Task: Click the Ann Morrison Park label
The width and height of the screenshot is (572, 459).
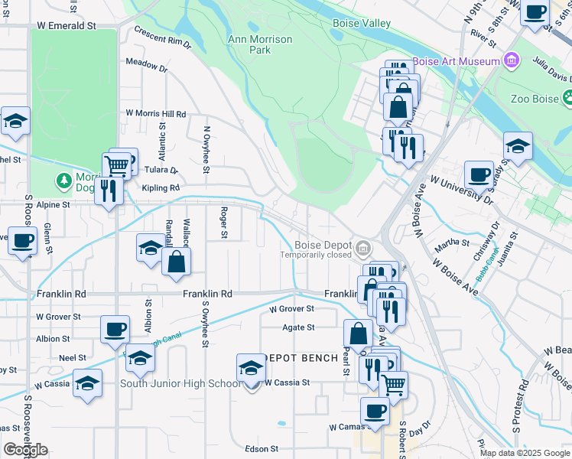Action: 249,44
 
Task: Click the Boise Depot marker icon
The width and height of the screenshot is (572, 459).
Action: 363,248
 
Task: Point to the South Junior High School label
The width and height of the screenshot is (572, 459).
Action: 180,383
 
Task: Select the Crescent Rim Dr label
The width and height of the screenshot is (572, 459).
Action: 161,36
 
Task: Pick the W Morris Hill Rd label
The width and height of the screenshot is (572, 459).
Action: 156,113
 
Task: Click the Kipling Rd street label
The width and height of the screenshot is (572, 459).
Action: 160,187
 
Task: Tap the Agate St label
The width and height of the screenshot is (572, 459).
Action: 300,327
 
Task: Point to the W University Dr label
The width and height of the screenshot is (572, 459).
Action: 461,190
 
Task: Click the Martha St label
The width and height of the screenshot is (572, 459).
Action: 451,243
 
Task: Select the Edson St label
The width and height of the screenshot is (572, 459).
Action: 260,449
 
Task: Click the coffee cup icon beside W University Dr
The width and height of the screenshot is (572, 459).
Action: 479,174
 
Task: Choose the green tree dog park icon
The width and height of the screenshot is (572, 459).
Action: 64,181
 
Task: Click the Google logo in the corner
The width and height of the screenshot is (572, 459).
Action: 25,450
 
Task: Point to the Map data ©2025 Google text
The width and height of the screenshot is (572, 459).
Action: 525,453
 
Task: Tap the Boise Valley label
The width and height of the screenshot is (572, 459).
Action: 362,24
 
